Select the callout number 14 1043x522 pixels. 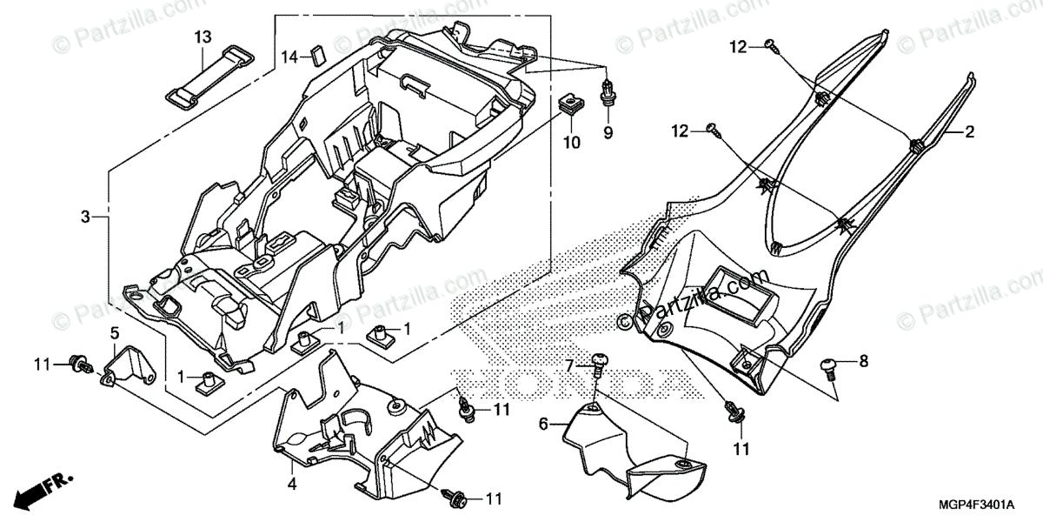pyautogui.click(x=289, y=57)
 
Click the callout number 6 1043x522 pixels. pyautogui.click(x=543, y=425)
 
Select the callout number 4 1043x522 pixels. pyautogui.click(x=292, y=483)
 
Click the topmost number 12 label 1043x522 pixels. pyautogui.click(x=738, y=47)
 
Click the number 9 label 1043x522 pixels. pyautogui.click(x=608, y=132)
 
